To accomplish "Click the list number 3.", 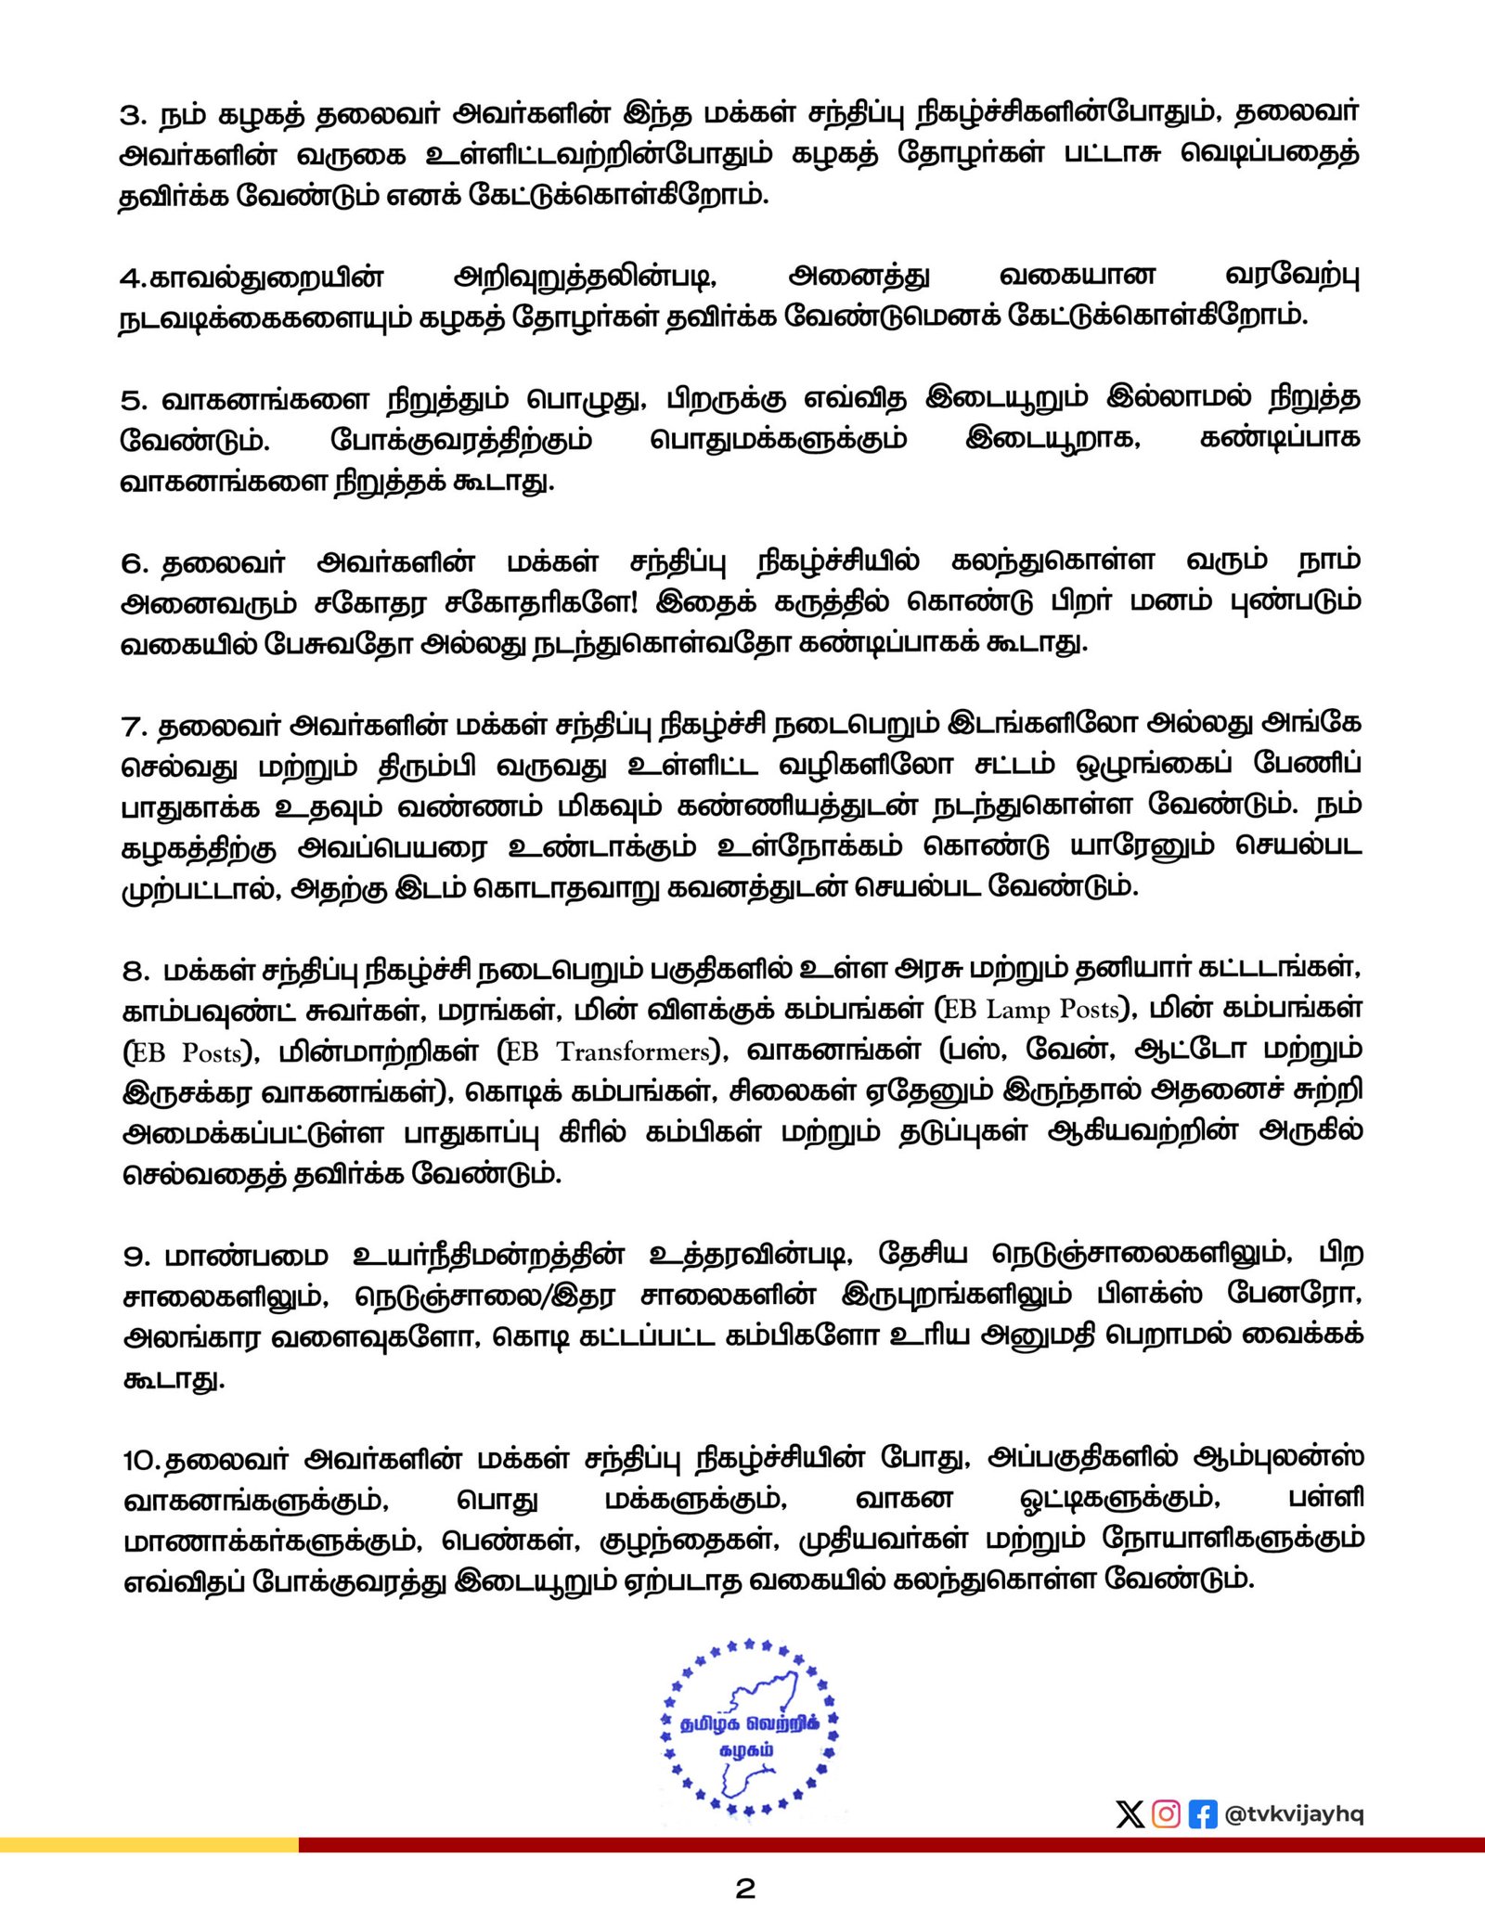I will coord(133,115).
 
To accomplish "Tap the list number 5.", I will coord(134,401).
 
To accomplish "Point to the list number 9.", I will coord(134,1258).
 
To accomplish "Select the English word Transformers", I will coord(633,1051).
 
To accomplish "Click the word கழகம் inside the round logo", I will coord(746,1750).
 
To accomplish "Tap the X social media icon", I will coord(1130,1814).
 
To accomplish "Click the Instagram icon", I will coord(1166,1814).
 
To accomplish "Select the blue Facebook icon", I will coord(1202,1814).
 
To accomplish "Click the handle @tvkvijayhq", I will coord(1294,1814).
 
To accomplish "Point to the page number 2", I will coord(744,1889).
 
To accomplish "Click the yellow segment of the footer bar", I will coord(148,1844).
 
